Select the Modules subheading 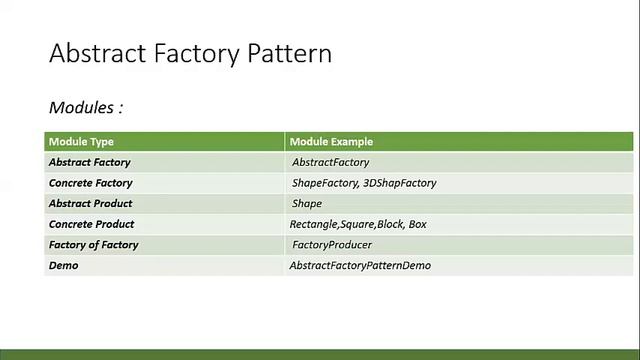tap(85, 107)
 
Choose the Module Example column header tap(331, 142)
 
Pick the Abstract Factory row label tap(89, 162)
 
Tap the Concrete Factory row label tap(90, 183)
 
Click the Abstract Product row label tap(90, 204)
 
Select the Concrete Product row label tap(91, 224)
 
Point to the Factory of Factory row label tap(93, 245)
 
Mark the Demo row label tap(63, 266)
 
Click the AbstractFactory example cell tap(330, 162)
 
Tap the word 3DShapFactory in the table tap(399, 183)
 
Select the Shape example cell tap(307, 204)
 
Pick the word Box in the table tap(417, 224)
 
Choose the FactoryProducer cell tap(332, 245)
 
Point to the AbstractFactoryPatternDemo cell tap(360, 266)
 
